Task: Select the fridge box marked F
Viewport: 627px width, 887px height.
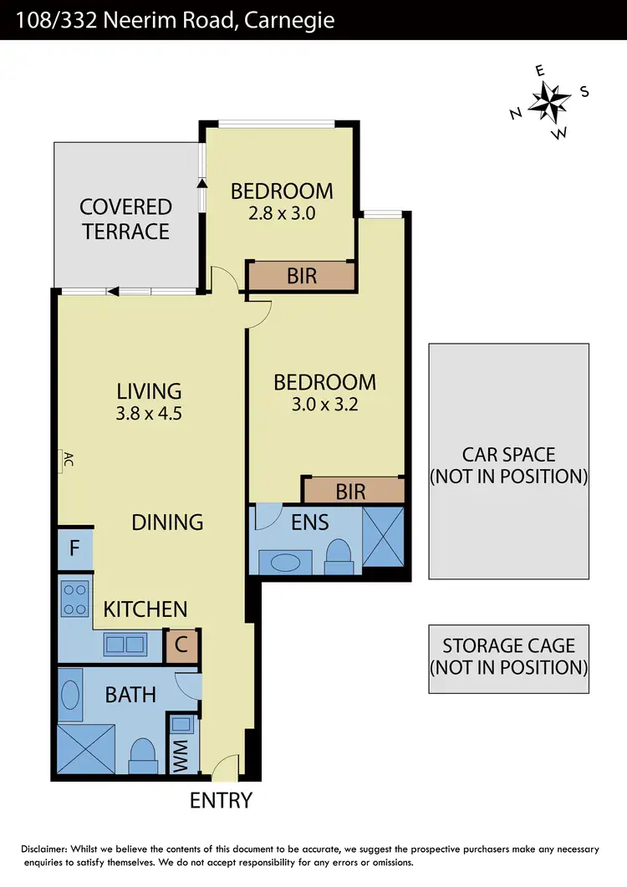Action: pyautogui.click(x=74, y=549)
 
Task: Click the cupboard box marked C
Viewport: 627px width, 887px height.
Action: pyautogui.click(x=181, y=646)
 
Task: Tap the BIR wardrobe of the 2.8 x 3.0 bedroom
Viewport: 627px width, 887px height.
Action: pyautogui.click(x=301, y=275)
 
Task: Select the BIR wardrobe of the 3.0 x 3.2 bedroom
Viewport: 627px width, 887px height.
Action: pyautogui.click(x=351, y=491)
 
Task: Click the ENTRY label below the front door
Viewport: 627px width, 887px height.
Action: pyautogui.click(x=221, y=800)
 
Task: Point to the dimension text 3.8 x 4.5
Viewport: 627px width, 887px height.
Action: pyautogui.click(x=149, y=413)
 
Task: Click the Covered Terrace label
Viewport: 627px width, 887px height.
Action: pyautogui.click(x=125, y=218)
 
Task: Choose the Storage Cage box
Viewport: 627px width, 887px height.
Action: pyautogui.click(x=508, y=658)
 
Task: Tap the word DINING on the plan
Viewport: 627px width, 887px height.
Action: pyautogui.click(x=167, y=523)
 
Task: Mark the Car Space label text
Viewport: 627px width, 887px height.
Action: pyautogui.click(x=508, y=465)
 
